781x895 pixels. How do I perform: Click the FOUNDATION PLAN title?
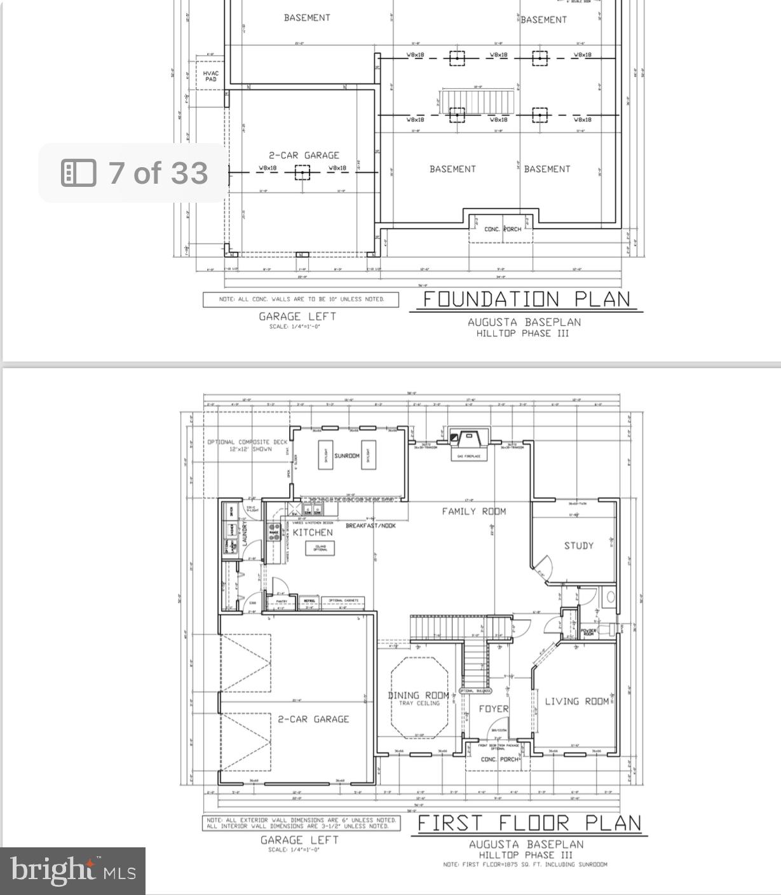(526, 299)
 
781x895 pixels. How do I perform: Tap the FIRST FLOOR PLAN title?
(529, 823)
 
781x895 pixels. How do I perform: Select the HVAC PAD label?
(210, 76)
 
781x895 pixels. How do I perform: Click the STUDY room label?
(578, 545)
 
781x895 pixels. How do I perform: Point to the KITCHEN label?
(313, 532)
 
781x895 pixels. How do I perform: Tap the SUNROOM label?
(347, 456)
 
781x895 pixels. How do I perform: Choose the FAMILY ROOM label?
(474, 511)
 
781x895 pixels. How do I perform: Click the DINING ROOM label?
(419, 695)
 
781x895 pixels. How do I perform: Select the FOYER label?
(494, 709)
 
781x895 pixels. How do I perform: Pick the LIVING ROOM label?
(577, 701)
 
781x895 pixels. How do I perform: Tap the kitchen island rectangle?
(320, 548)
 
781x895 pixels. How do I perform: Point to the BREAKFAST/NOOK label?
(370, 526)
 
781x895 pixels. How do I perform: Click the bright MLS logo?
(72, 871)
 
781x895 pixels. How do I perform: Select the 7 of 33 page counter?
(134, 173)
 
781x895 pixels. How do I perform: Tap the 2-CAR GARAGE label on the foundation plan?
(304, 155)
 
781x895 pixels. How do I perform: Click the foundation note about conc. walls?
(301, 299)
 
